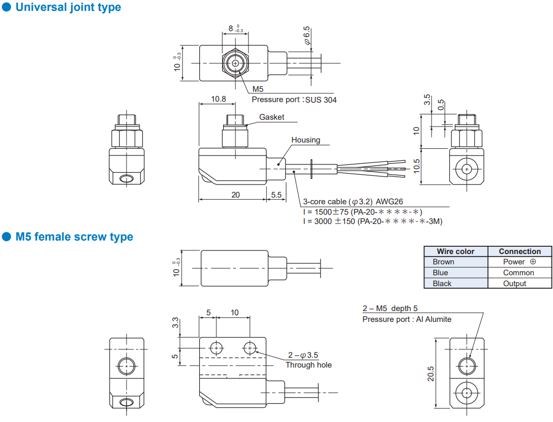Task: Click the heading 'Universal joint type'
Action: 68,8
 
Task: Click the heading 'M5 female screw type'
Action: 74,237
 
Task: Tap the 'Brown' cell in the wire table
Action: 443,262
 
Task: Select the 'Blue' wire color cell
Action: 440,273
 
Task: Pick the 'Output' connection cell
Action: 514,284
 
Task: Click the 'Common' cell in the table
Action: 518,273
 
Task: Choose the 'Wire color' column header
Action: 455,251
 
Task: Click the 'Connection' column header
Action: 519,251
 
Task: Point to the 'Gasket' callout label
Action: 272,117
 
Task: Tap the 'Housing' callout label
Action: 306,140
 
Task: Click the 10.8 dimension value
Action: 218,99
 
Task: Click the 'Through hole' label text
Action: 308,365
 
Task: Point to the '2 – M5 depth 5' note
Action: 390,308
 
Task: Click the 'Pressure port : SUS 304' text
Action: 294,100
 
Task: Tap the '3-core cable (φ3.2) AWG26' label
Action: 353,202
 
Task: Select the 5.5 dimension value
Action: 276,195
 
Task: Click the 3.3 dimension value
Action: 175,322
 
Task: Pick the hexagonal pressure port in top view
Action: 236,63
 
